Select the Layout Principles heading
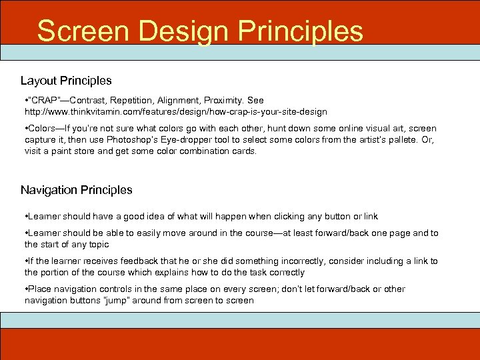pyautogui.click(x=66, y=81)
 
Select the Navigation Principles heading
pyautogui.click(x=76, y=190)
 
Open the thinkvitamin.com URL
pyautogui.click(x=176, y=111)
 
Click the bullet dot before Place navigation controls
pyautogui.click(x=26, y=289)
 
